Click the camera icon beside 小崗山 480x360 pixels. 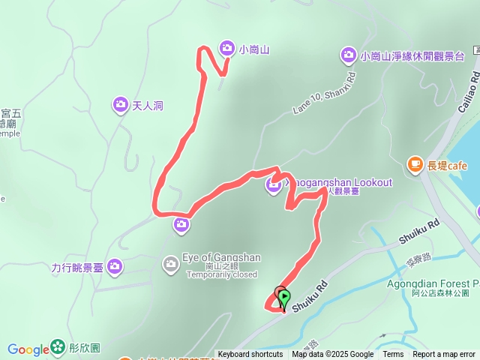coord(226,49)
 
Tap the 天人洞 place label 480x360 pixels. coord(148,106)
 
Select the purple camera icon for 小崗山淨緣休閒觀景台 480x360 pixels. coord(348,55)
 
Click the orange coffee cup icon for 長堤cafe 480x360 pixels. coord(414,163)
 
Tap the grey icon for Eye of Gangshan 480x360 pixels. coord(171,263)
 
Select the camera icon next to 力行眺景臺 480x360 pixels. coord(115,265)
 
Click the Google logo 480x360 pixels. coord(28,349)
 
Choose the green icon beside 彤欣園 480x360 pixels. coord(58,348)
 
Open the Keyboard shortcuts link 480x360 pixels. coord(250,355)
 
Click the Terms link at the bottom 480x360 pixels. coord(393,355)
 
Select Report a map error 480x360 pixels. coord(443,355)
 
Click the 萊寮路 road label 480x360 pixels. coord(416,259)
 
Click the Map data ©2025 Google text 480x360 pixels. coord(332,355)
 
